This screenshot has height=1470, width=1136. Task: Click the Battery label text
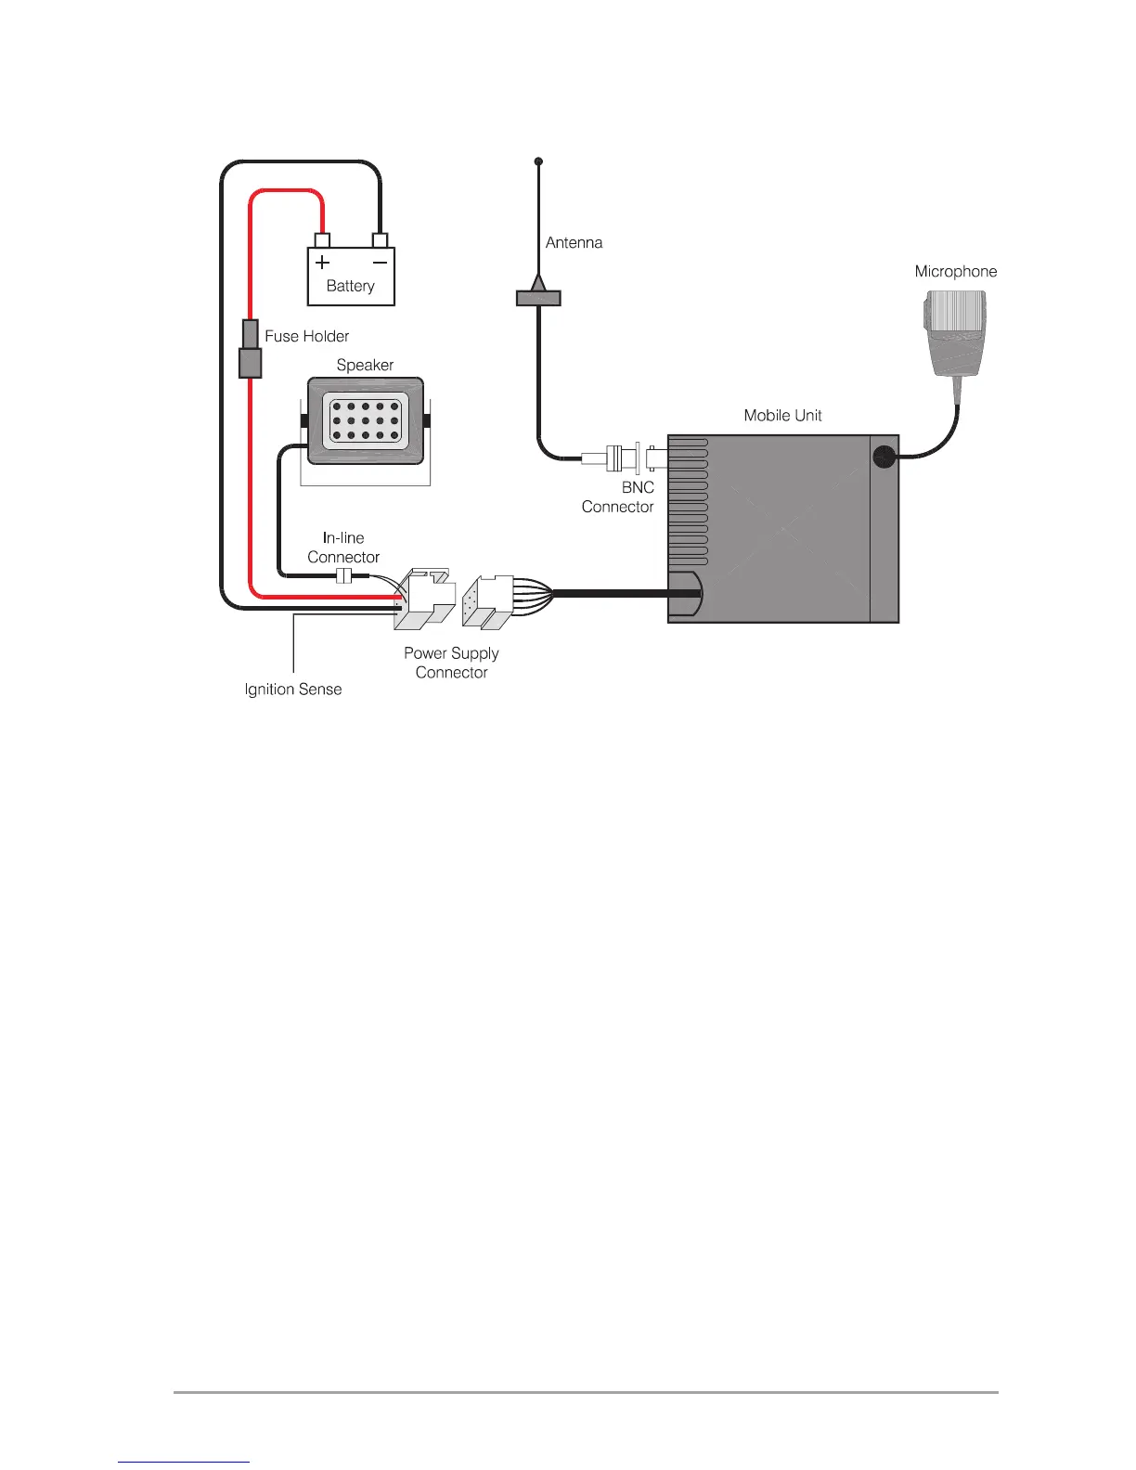350,286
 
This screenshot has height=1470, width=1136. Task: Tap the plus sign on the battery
322,262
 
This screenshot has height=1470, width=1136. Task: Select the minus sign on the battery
380,262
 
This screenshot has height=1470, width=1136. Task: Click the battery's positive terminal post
322,240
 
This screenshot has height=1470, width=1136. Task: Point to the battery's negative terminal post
380,240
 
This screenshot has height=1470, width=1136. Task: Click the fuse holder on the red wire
250,349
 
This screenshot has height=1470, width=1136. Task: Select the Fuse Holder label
307,336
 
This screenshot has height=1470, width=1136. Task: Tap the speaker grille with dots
366,420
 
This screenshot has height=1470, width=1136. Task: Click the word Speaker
365,365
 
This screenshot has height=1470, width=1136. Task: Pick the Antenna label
574,242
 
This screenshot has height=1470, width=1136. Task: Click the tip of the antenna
538,161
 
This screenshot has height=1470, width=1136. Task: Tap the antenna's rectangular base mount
538,298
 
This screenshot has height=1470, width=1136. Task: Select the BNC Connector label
618,496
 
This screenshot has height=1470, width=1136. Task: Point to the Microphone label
955,271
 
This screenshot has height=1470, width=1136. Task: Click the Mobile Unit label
782,415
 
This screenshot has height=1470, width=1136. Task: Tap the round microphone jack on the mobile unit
884,457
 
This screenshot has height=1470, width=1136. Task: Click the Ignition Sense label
293,689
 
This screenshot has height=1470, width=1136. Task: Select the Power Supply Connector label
451,663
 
